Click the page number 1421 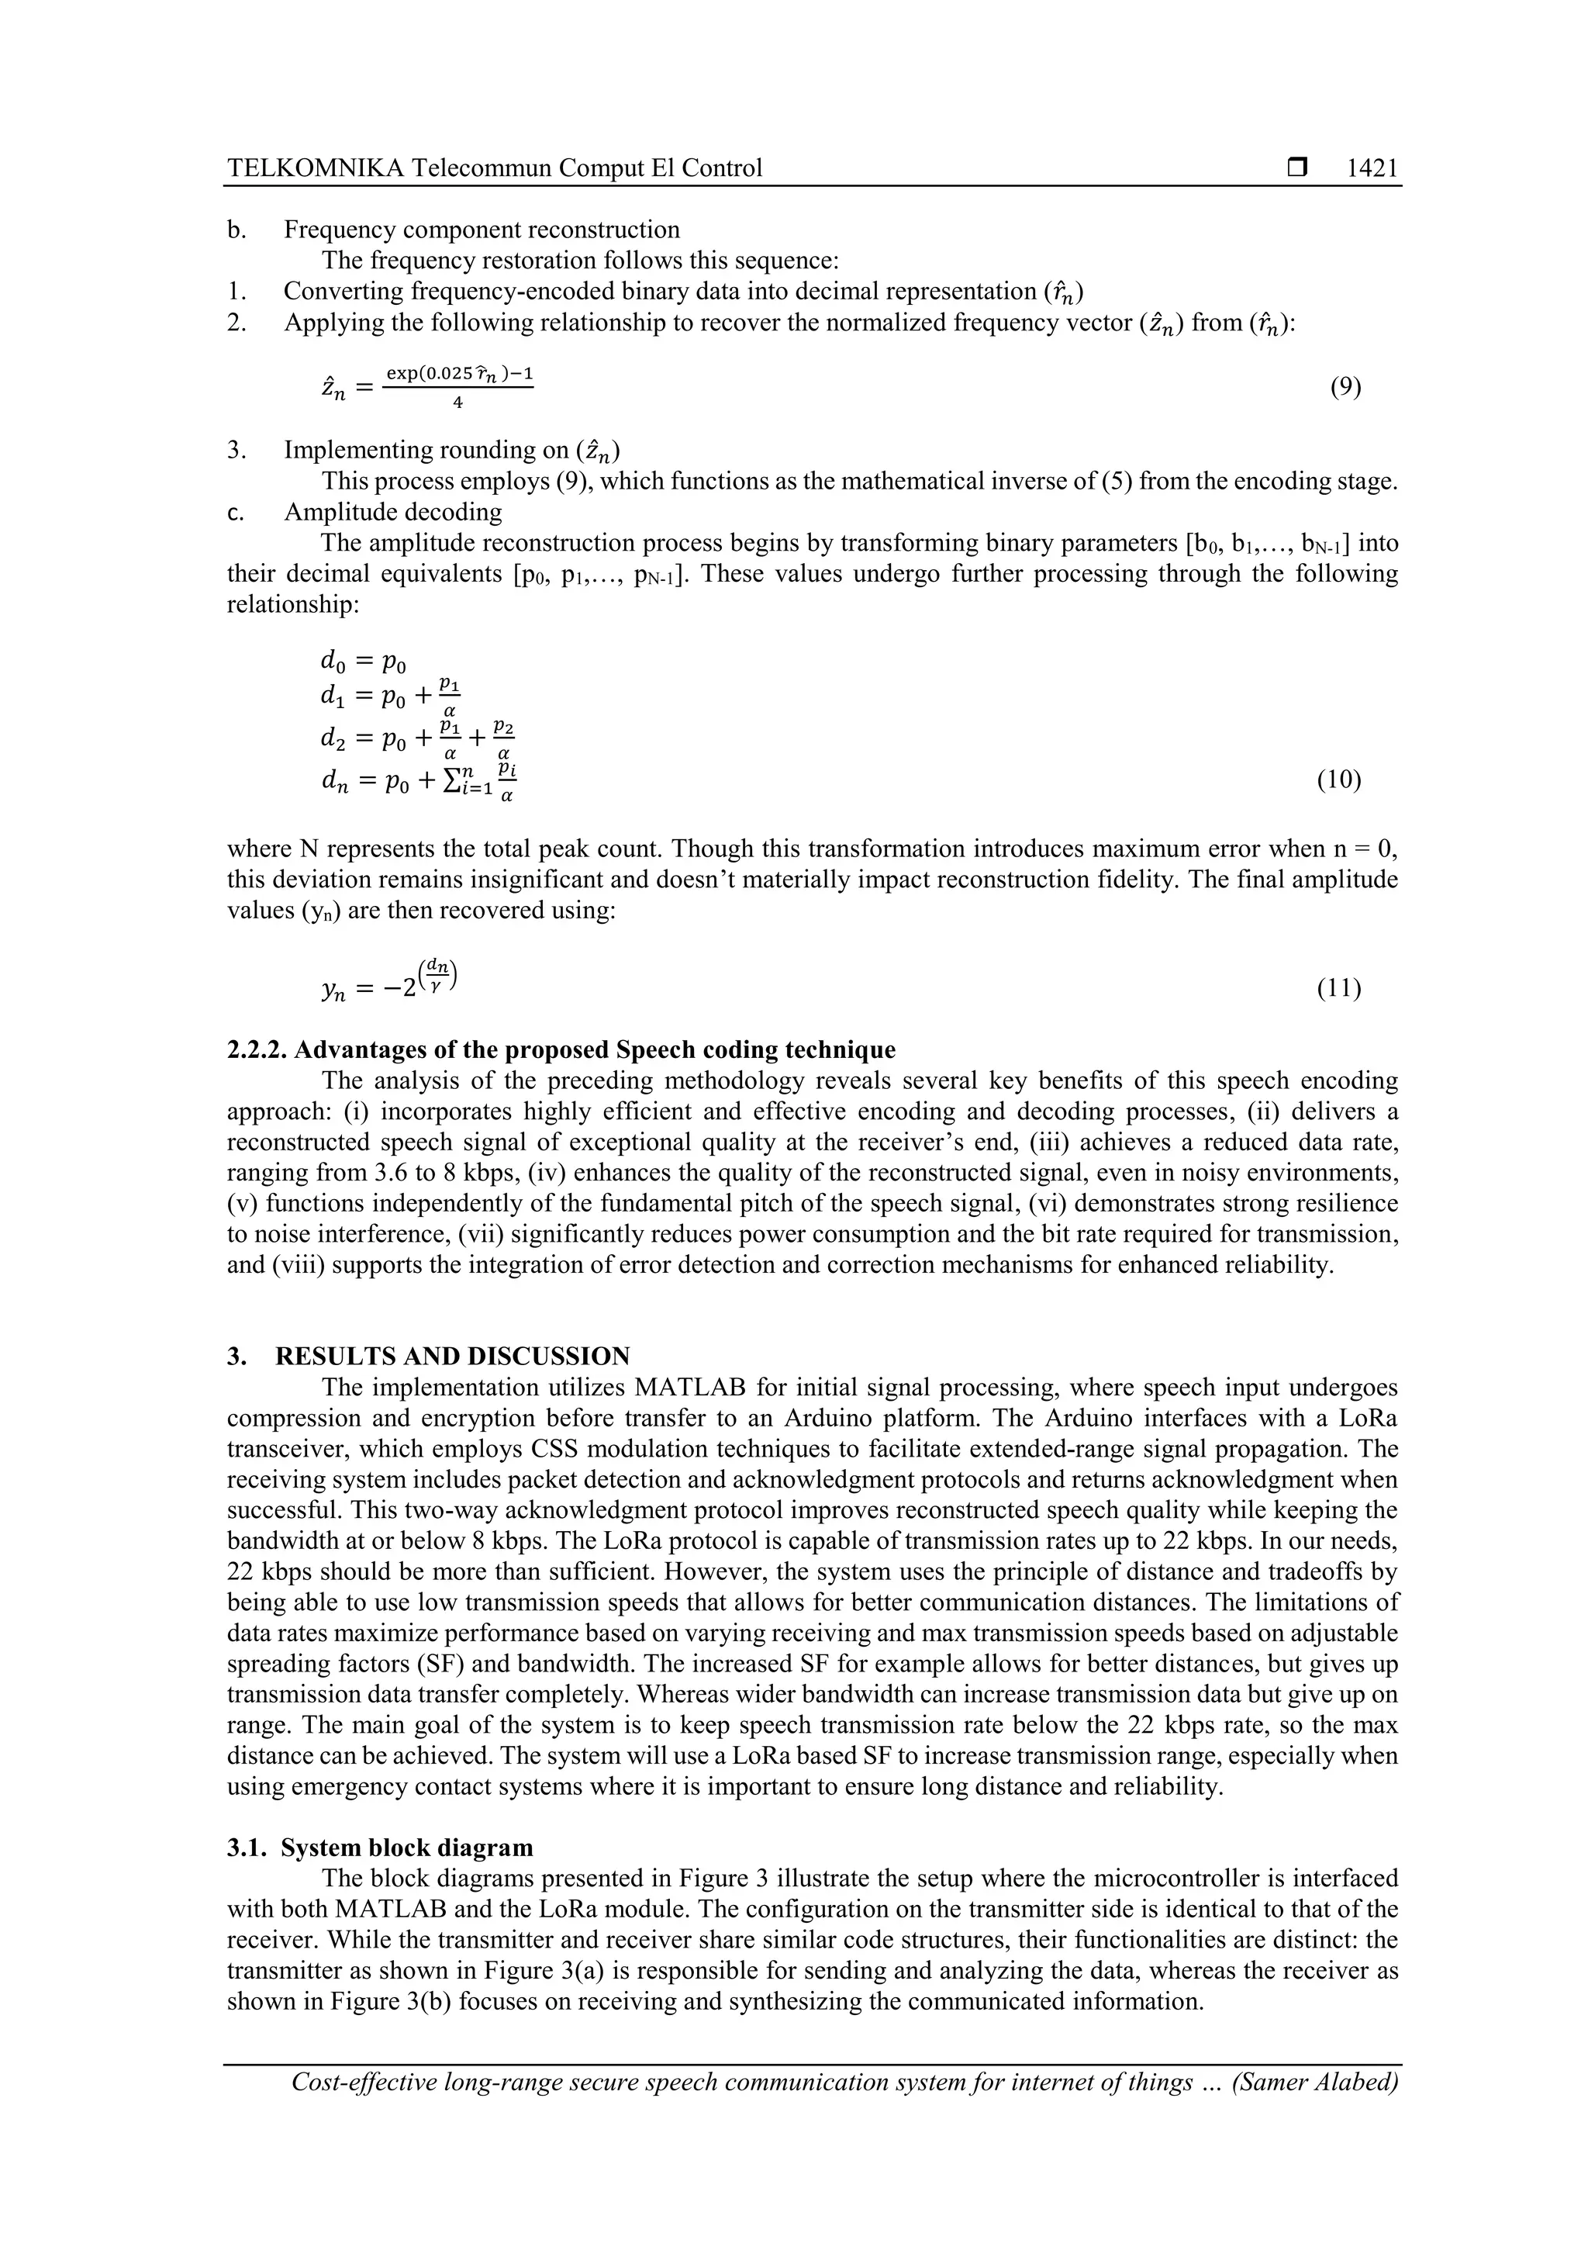[1372, 168]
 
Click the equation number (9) [1345, 388]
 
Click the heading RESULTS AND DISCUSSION [452, 1357]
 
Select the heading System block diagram [406, 1848]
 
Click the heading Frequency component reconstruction [482, 230]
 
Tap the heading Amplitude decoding [392, 512]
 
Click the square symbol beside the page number [1297, 168]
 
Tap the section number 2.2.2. [257, 1050]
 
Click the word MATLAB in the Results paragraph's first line [692, 1388]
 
